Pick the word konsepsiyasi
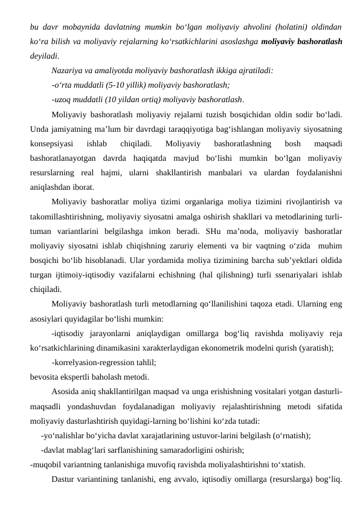click(52, 143)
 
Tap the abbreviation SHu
click(211, 230)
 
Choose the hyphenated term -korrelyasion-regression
click(97, 362)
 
